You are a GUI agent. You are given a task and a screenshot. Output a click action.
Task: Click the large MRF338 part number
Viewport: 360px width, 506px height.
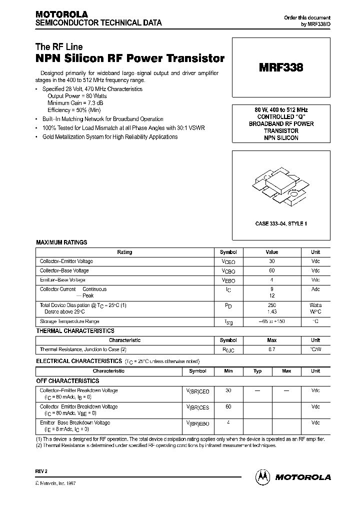[281, 68]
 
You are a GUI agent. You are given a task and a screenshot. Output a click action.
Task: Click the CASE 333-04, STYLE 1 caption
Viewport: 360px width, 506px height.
[281, 223]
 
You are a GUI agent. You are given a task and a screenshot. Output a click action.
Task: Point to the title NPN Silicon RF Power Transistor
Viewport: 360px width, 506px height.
[129, 58]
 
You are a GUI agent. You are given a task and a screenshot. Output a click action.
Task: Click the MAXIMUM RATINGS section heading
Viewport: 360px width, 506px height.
[61, 242]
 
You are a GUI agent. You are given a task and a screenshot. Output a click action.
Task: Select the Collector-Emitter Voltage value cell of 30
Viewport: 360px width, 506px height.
[271, 261]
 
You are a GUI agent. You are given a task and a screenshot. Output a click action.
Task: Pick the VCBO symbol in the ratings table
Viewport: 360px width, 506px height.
[228, 271]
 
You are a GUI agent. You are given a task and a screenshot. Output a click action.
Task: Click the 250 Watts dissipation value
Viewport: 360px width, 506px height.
[271, 305]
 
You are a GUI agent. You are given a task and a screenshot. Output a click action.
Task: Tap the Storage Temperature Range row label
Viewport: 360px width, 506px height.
[69, 321]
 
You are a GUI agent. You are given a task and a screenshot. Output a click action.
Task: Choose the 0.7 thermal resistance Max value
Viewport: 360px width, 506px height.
[271, 349]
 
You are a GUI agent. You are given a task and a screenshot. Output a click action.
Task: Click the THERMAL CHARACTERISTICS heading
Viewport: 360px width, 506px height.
[75, 331]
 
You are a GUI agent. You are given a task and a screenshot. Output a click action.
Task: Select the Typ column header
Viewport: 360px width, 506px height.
[257, 371]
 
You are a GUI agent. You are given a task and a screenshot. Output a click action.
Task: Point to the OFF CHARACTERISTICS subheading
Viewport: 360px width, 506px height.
[68, 380]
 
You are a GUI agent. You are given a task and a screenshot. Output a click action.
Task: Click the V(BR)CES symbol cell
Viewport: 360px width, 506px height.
[198, 407]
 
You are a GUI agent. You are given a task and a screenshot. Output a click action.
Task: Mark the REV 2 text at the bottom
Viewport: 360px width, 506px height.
[42, 470]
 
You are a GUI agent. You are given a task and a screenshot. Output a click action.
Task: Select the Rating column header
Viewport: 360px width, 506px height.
[124, 252]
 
